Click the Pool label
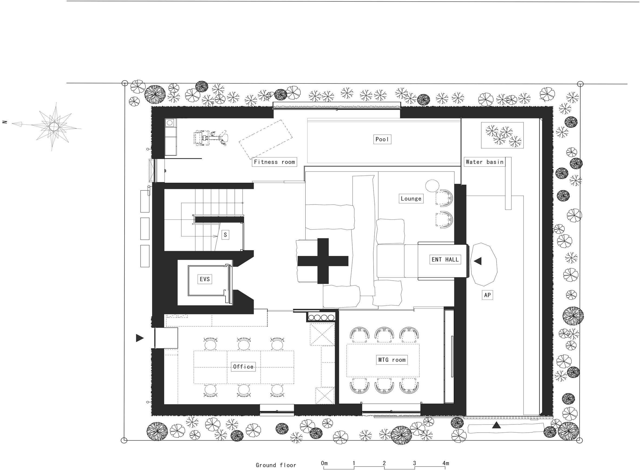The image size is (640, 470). [x=382, y=139]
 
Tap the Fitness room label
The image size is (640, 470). [x=274, y=162]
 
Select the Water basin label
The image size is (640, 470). [x=485, y=162]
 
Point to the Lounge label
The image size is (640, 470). [x=411, y=199]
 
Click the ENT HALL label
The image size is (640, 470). [x=445, y=260]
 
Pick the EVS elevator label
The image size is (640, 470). [x=205, y=279]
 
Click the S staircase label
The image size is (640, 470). [x=225, y=235]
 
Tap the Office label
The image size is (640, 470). [x=243, y=367]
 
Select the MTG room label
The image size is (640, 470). [x=391, y=360]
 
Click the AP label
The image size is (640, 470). [x=487, y=295]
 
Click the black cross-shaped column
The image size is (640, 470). [x=323, y=261]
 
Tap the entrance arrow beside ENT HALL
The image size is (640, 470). [x=477, y=261]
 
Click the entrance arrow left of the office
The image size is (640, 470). [x=140, y=338]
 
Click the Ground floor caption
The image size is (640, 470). [x=276, y=465]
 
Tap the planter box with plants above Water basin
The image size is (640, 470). [x=502, y=135]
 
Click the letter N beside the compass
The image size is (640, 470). [x=5, y=122]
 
